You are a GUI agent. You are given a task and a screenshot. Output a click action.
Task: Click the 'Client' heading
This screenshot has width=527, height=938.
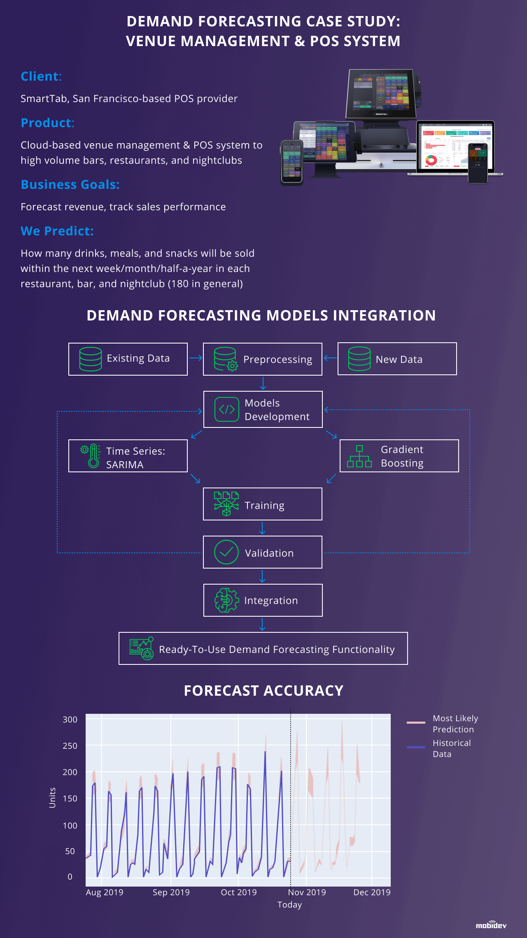tap(40, 77)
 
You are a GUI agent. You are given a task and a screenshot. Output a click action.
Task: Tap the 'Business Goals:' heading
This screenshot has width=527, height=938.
tap(70, 185)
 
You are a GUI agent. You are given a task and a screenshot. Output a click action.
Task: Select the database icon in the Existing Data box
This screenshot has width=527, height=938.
tap(91, 359)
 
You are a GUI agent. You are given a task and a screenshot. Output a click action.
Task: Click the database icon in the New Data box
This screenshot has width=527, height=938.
tap(359, 359)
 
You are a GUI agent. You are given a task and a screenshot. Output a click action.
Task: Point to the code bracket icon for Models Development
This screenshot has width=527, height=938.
tap(227, 409)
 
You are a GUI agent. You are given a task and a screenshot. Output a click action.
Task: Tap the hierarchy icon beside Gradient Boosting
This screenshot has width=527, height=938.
tap(359, 456)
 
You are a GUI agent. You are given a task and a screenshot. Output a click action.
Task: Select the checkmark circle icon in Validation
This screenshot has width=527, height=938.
tap(226, 552)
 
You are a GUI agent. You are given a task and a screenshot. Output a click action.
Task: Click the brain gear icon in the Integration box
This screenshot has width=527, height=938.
tap(226, 600)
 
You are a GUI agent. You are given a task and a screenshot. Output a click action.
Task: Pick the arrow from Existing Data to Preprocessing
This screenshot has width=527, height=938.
tap(196, 358)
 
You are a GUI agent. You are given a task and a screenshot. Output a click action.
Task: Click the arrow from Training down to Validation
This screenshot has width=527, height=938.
tap(262, 528)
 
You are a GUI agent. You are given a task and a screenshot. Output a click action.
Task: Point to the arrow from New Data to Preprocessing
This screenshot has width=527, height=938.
tap(330, 358)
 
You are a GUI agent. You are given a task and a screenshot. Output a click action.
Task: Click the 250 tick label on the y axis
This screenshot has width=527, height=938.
tap(70, 746)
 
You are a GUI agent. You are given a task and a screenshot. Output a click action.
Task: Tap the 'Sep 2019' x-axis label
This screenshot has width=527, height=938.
tap(171, 892)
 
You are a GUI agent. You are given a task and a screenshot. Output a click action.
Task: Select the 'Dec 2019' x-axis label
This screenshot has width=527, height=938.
tap(372, 892)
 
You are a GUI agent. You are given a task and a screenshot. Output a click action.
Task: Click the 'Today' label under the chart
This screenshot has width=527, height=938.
tap(290, 905)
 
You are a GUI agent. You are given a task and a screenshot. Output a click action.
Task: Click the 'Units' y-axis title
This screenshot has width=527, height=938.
tap(52, 798)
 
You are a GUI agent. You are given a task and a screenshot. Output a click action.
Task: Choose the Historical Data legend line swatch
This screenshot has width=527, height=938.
tap(416, 747)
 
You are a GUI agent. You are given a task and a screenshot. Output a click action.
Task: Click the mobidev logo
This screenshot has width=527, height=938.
tap(491, 925)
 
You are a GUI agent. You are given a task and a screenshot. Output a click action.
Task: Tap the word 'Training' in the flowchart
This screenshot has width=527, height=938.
tap(264, 505)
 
